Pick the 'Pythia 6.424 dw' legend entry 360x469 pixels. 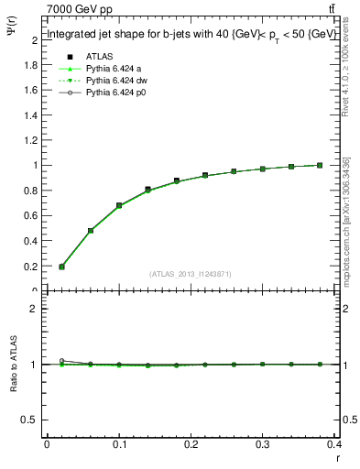[113, 82]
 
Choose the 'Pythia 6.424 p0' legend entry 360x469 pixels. [112, 93]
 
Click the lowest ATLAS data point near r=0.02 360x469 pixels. [61, 267]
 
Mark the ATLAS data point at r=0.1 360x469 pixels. [119, 206]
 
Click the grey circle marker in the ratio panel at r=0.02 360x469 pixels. [61, 361]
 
